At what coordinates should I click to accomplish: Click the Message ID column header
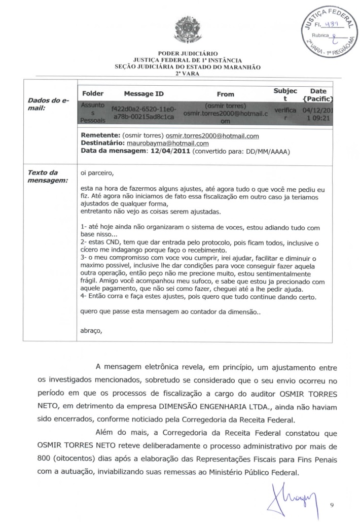pyautogui.click(x=143, y=94)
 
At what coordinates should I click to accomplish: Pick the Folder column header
pyautogui.click(x=92, y=94)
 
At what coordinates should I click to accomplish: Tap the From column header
pyautogui.click(x=225, y=94)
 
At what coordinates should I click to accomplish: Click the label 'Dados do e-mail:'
pyautogui.click(x=48, y=105)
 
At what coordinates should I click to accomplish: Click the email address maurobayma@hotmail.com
pyautogui.click(x=161, y=144)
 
